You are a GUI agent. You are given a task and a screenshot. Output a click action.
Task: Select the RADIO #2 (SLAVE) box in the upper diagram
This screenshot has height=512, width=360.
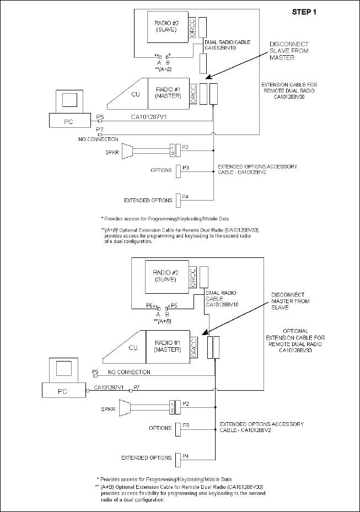(165, 27)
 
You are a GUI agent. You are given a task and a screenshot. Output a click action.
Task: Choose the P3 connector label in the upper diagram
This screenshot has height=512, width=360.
(185, 169)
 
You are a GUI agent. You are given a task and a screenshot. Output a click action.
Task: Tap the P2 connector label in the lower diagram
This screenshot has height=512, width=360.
(185, 404)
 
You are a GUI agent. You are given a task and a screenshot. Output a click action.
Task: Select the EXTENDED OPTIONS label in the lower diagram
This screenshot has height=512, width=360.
(147, 457)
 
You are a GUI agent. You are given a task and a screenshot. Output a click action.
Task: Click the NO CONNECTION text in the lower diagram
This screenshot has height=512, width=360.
(129, 372)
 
